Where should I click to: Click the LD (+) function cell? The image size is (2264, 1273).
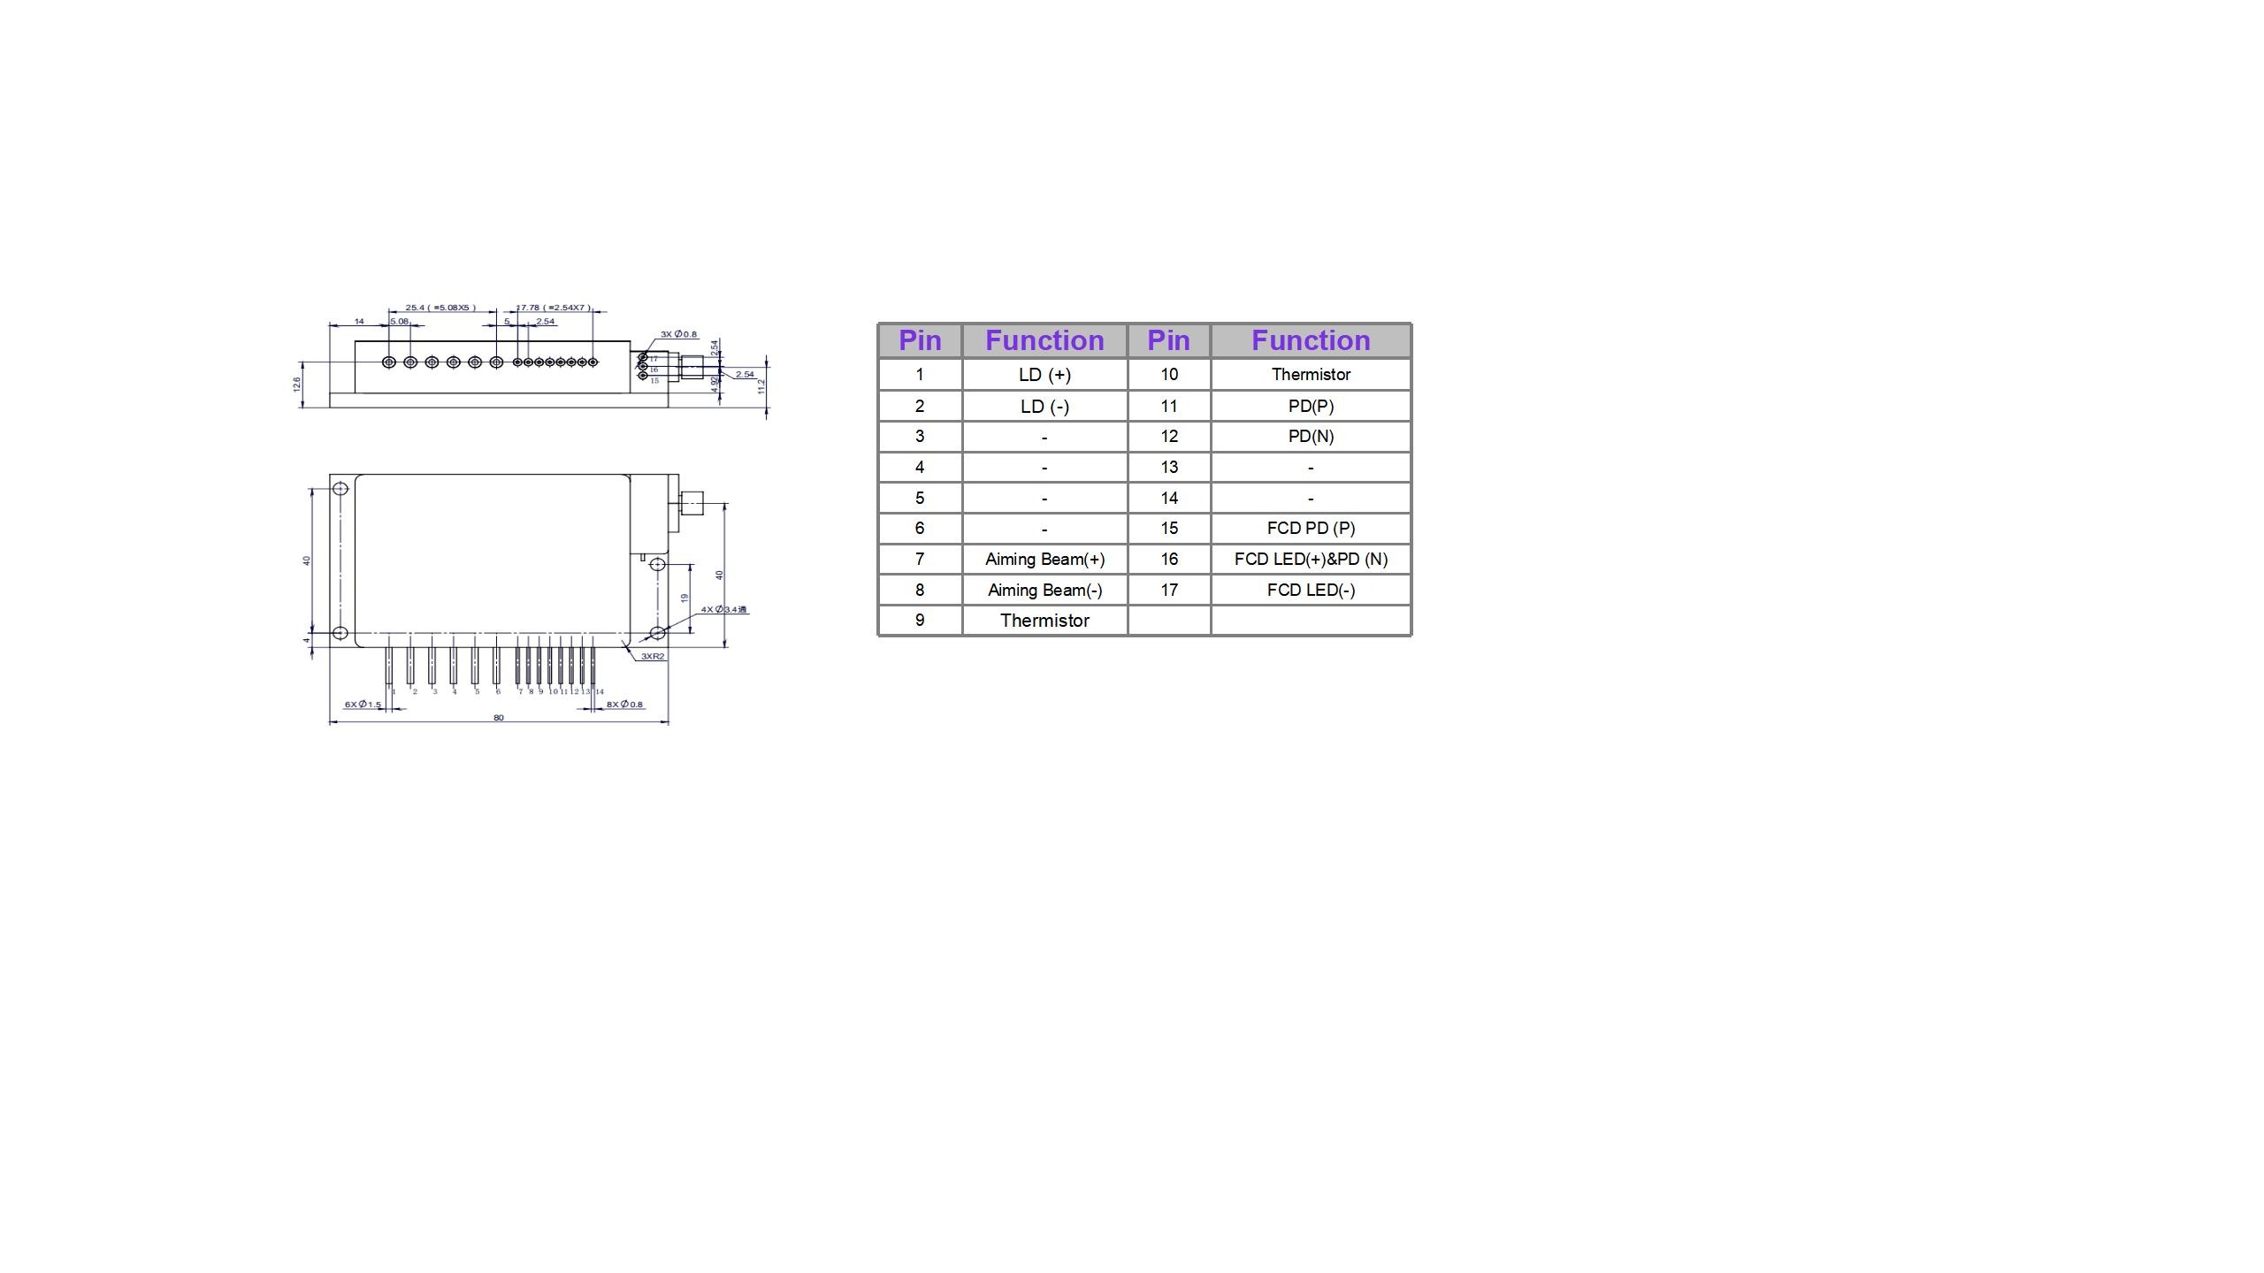[x=1044, y=375]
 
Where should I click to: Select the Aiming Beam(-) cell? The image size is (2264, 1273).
[x=1044, y=591]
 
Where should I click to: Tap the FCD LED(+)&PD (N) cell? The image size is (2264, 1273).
[x=1311, y=560]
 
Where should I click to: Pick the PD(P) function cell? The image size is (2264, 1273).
[x=1311, y=407]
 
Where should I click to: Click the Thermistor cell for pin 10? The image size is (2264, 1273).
[x=1311, y=375]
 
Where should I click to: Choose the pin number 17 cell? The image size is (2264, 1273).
[x=1169, y=591]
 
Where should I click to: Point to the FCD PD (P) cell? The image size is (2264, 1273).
[x=1311, y=529]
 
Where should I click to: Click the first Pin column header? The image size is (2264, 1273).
[x=920, y=341]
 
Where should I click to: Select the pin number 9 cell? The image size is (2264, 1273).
[x=920, y=621]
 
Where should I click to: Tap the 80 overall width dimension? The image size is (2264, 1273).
[x=499, y=718]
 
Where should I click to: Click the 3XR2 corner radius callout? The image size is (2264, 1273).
[x=653, y=657]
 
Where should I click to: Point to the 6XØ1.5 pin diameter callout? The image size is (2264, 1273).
[x=363, y=705]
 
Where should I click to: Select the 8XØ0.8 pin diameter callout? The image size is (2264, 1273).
[x=624, y=705]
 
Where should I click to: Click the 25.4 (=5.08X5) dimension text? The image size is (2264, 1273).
[x=440, y=308]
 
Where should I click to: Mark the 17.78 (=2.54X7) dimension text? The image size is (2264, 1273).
[x=554, y=308]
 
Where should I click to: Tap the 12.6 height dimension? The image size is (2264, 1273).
[x=297, y=385]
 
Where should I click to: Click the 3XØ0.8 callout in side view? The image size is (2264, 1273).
[x=678, y=334]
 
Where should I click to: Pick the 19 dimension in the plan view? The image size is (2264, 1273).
[x=684, y=598]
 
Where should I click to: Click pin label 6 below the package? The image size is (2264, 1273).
[x=498, y=691]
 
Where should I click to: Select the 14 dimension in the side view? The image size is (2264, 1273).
[x=359, y=321]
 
